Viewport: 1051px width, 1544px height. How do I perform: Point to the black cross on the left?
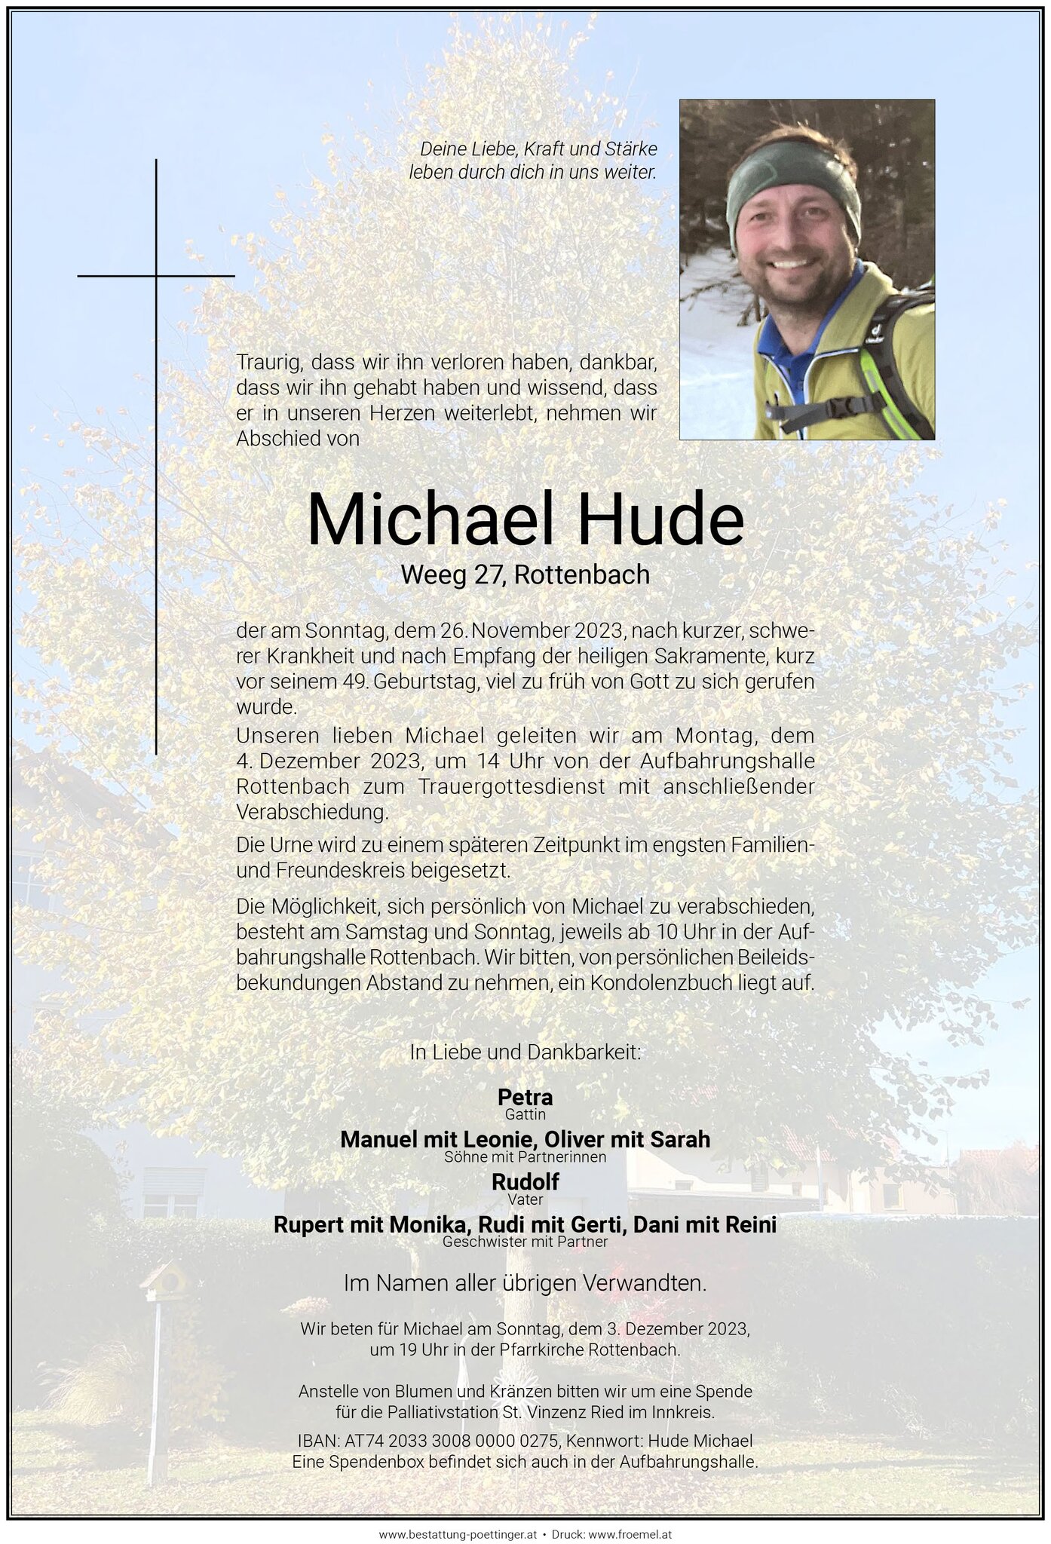pos(156,276)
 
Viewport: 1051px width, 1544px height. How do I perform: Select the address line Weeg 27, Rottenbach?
pos(525,575)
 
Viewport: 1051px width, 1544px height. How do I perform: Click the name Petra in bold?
pos(525,1096)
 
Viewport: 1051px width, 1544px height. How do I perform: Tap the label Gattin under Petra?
pos(525,1114)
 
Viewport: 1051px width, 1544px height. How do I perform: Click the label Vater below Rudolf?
pos(525,1199)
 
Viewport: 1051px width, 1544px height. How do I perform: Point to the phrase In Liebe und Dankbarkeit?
pos(525,1052)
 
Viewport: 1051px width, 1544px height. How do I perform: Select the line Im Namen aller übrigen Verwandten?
pos(525,1283)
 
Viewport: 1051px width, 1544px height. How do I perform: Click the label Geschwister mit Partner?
pos(525,1241)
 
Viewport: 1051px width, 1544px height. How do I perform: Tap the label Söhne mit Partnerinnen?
pos(525,1156)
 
